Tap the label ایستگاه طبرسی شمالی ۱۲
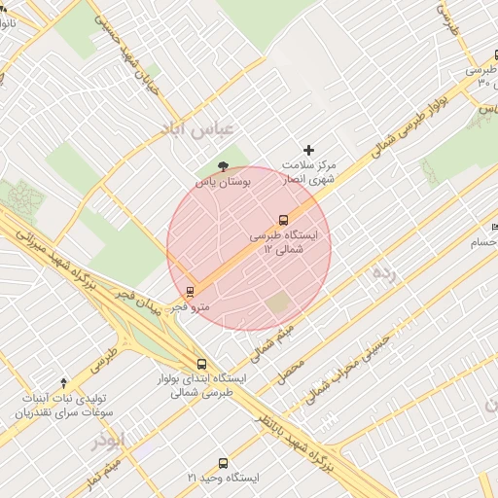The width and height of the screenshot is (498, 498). (291, 242)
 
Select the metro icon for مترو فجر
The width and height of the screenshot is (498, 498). (190, 290)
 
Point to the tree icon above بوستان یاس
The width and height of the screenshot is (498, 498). (225, 166)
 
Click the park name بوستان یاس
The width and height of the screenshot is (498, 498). (223, 182)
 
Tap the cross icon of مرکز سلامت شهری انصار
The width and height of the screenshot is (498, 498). (309, 150)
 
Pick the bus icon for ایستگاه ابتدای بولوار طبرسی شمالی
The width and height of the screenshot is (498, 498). (201, 364)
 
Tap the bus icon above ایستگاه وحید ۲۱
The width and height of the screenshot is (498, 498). (224, 464)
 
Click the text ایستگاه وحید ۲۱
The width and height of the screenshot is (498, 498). (224, 479)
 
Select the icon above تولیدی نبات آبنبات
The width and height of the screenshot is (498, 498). (64, 383)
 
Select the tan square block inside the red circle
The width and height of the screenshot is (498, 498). (279, 302)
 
